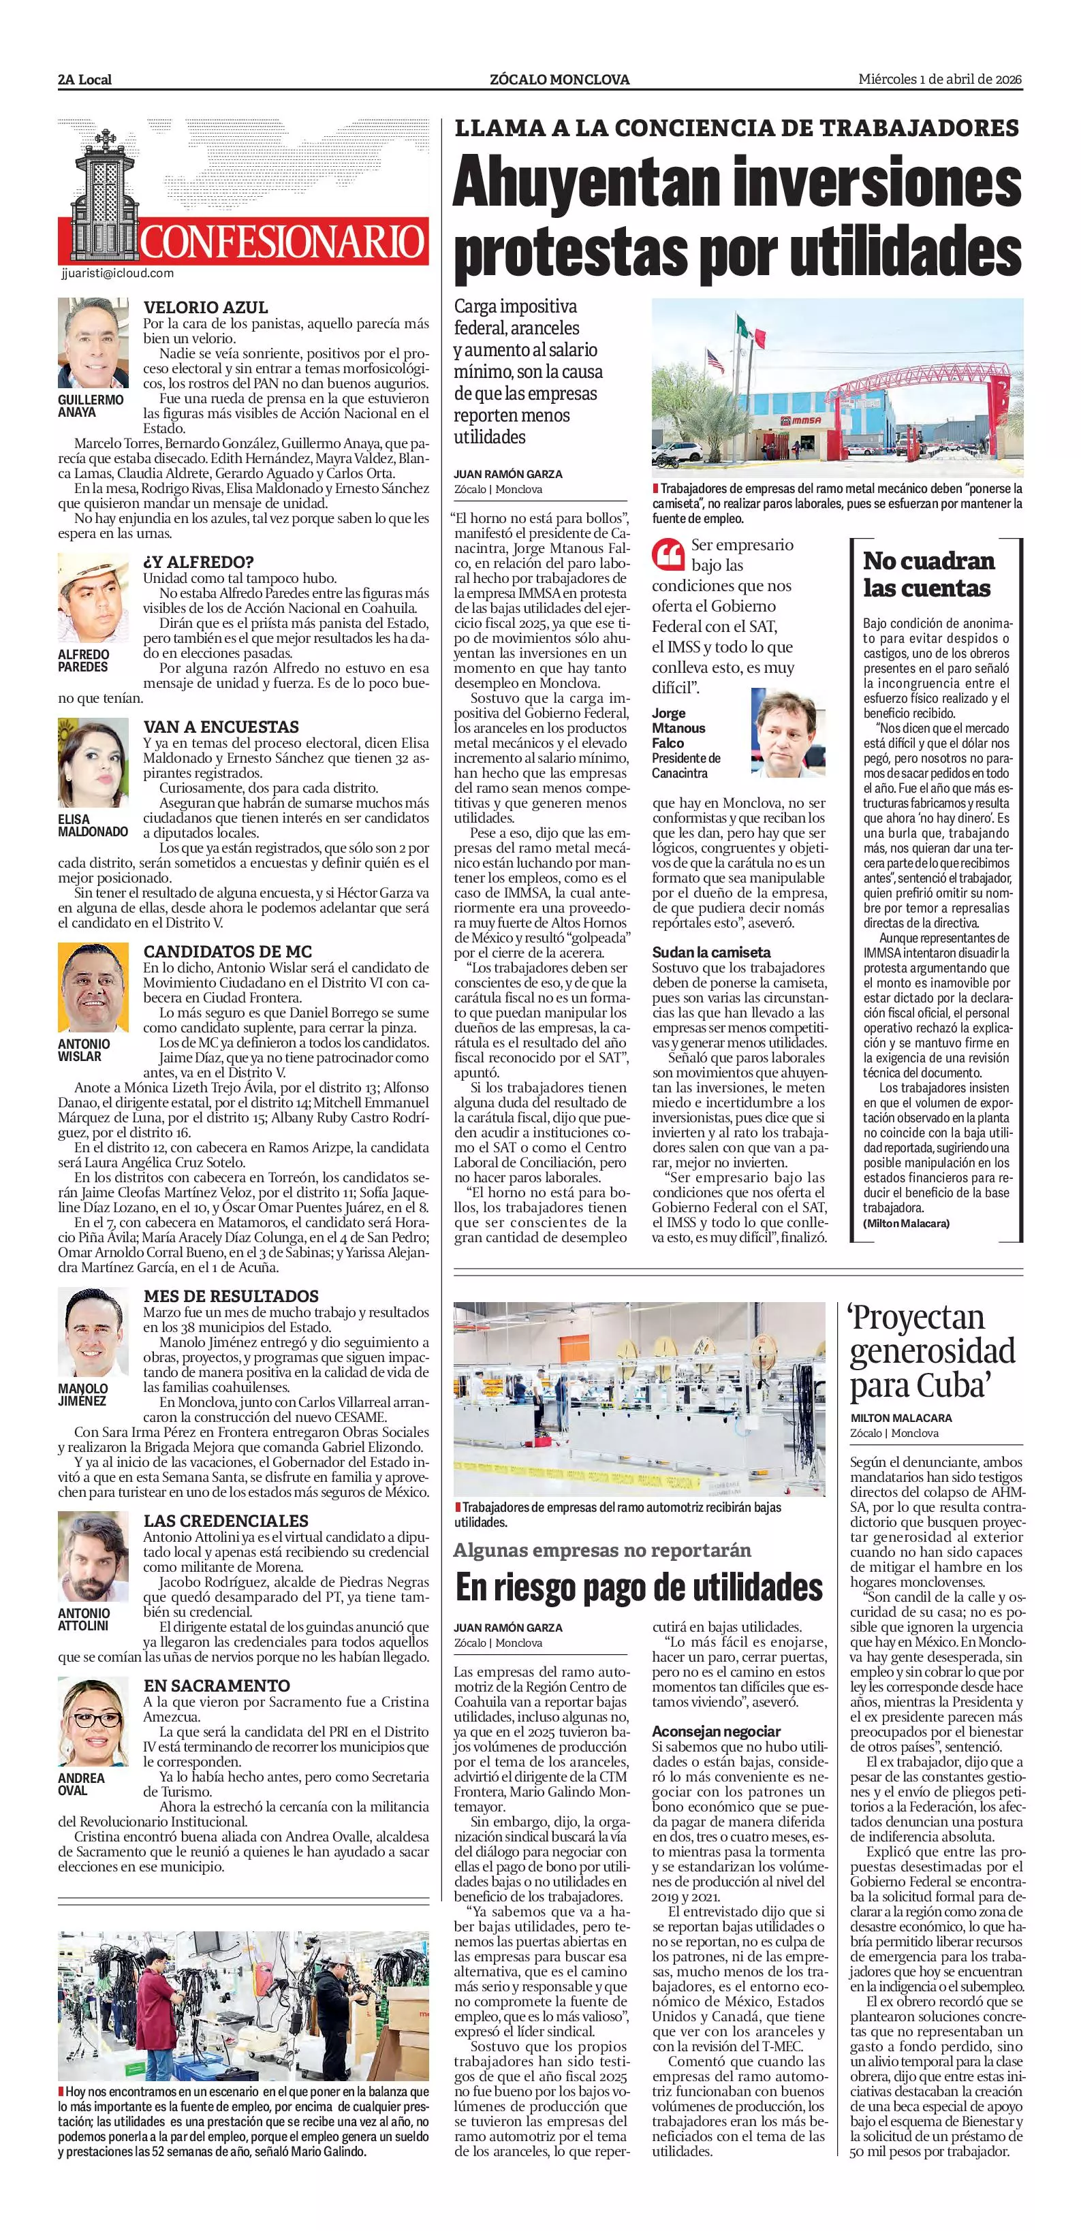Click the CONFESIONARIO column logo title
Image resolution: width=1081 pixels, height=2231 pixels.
[x=283, y=242]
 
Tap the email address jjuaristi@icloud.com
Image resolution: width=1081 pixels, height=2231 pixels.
[x=118, y=273]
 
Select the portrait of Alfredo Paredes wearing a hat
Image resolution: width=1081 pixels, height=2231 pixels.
[x=93, y=598]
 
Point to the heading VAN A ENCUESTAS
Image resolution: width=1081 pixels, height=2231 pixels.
[x=221, y=727]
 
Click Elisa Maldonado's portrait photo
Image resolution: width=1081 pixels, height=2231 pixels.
[x=93, y=763]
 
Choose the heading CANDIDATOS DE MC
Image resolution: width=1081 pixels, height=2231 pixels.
[x=228, y=951]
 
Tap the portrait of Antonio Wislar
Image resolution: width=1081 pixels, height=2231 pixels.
[x=93, y=987]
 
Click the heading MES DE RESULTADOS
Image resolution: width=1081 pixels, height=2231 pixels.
[x=230, y=1296]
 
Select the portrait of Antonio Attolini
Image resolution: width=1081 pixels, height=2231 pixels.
[x=93, y=1556]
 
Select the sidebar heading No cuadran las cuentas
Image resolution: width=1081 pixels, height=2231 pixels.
[x=928, y=574]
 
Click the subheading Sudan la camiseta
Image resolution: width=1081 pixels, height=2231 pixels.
[x=711, y=952]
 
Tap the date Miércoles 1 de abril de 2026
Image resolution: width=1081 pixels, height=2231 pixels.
[x=940, y=79]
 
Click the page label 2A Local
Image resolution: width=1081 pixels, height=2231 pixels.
[x=85, y=80]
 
